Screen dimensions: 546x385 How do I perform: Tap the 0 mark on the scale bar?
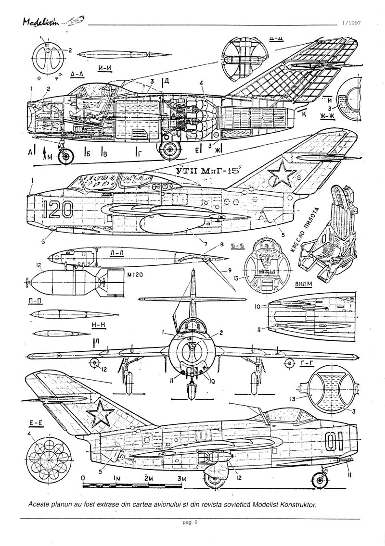pos(83,478)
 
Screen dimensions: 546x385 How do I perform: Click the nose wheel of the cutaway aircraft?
pos(66,156)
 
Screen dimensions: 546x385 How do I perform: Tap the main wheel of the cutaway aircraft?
pos(169,150)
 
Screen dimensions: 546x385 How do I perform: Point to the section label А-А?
pos(78,74)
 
